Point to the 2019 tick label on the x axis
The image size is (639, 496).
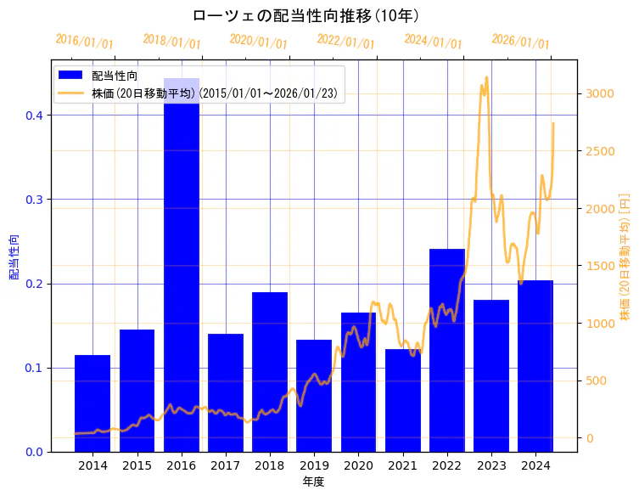(314, 465)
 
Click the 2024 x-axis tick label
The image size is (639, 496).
(535, 465)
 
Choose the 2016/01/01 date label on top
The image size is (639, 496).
(84, 42)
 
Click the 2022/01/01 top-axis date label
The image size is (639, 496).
(345, 42)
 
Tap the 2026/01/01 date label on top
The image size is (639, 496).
(520, 42)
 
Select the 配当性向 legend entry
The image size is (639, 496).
(115, 76)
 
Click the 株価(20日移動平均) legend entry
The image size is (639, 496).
(216, 93)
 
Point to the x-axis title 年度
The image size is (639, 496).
(314, 482)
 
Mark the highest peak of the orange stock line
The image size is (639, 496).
(486, 77)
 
